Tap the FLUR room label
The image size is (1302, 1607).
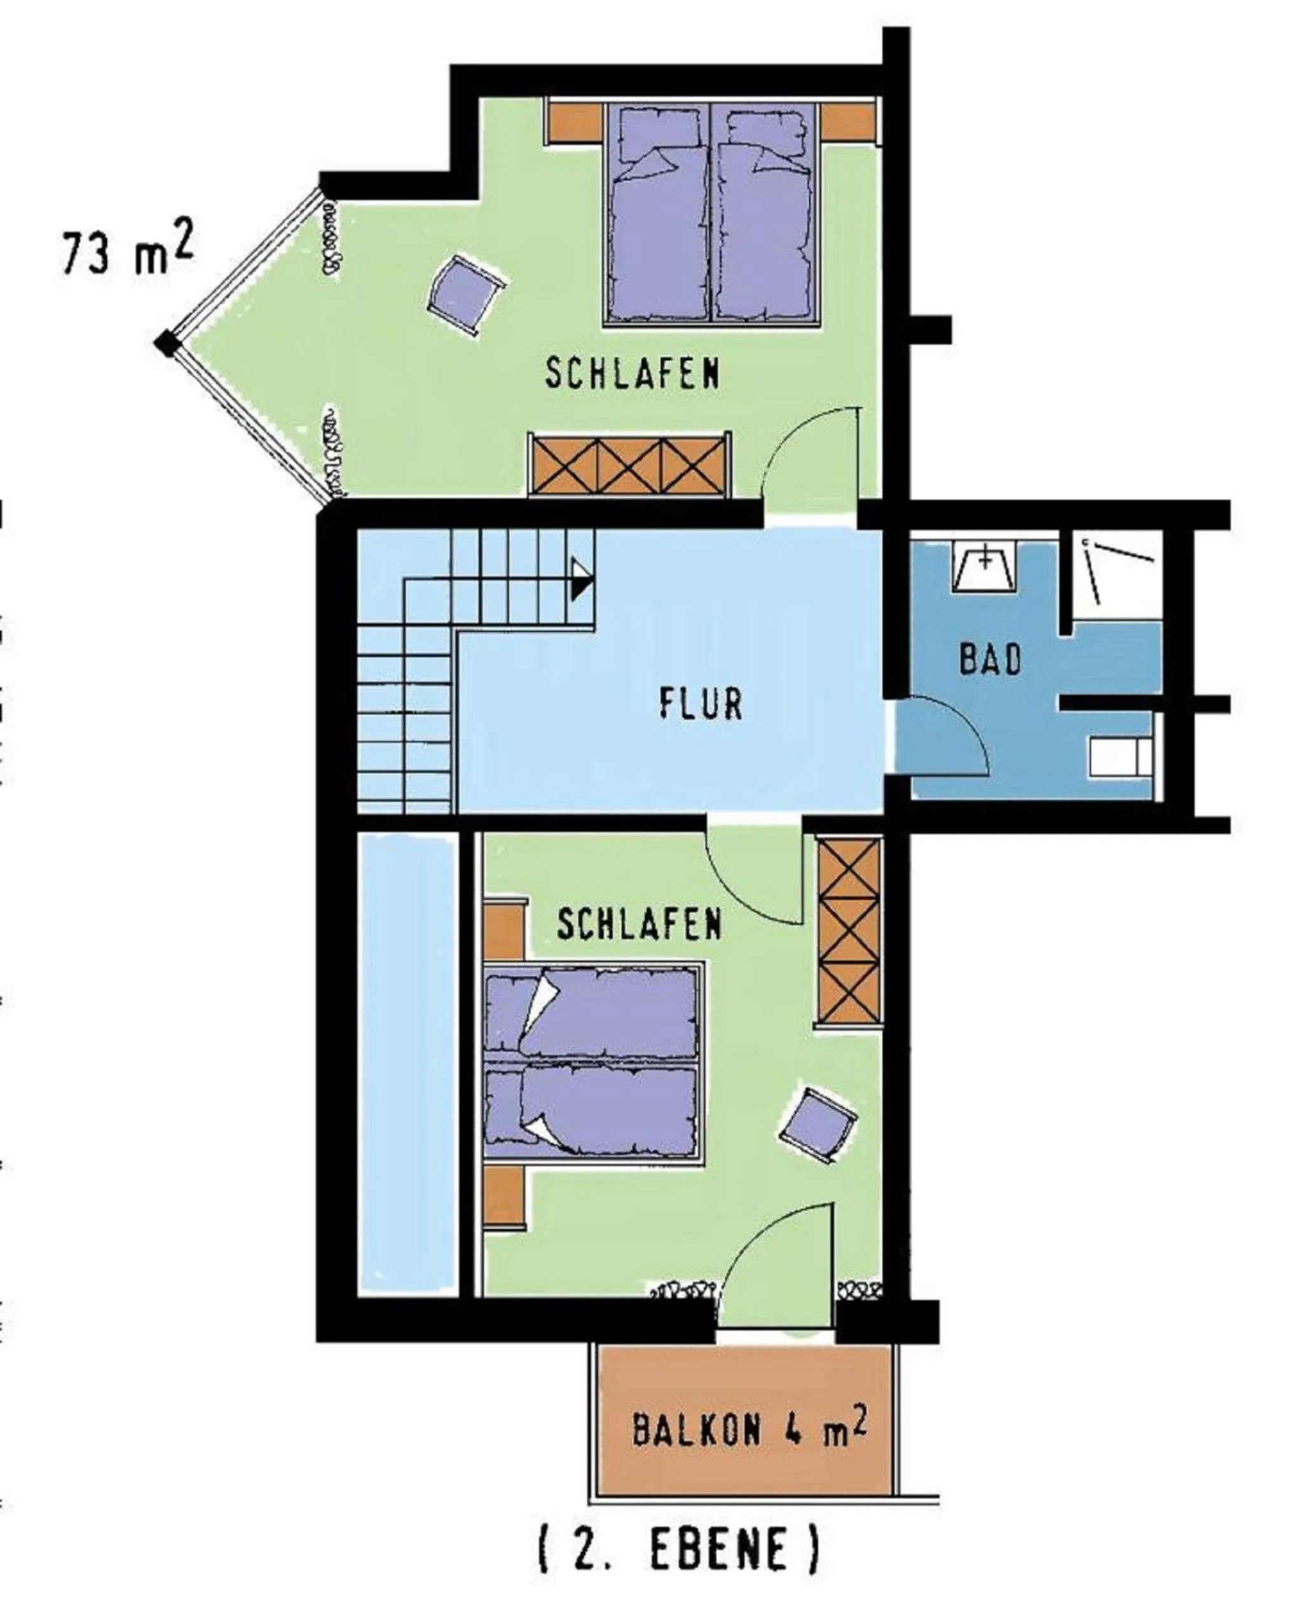701,705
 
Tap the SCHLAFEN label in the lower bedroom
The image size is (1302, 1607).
639,925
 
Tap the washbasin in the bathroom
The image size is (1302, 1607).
984,564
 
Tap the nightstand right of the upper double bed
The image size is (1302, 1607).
848,121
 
